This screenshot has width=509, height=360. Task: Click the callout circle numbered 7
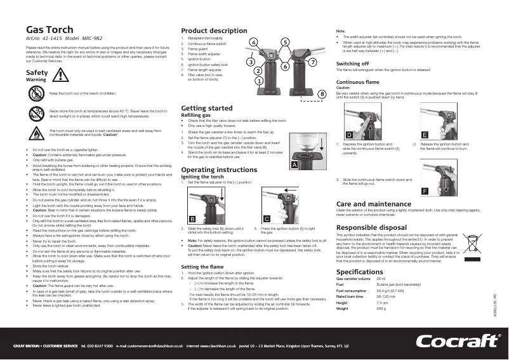pyautogui.click(x=312, y=62)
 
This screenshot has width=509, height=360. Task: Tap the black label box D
pyautogui.click(x=348, y=135)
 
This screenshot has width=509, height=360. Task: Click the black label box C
pyautogui.click(x=267, y=218)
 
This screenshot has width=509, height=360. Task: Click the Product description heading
pyautogui.click(x=214, y=30)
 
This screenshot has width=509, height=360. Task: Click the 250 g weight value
pyautogui.click(x=381, y=308)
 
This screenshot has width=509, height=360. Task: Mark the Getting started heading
pyautogui.click(x=206, y=108)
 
